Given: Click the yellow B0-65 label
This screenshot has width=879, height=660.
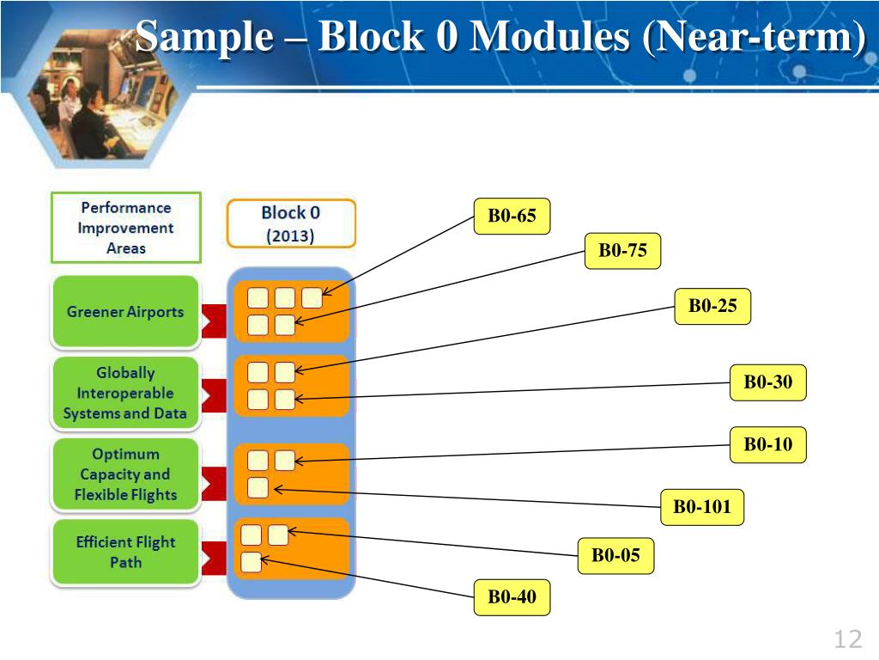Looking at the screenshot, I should tap(512, 216).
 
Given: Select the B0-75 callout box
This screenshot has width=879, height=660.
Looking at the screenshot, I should tap(622, 251).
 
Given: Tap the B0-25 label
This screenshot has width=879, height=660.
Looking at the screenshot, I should tap(712, 306).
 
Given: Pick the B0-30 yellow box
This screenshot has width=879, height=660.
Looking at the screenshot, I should tap(768, 382).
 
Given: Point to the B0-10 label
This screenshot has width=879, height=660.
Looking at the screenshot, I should tap(768, 444).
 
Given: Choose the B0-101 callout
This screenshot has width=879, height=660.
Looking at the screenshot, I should tap(701, 507).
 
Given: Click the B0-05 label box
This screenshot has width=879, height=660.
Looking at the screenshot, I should tap(615, 555).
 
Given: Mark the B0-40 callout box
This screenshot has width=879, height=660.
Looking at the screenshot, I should tap(512, 597).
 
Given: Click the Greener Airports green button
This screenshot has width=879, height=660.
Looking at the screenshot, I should tap(125, 312).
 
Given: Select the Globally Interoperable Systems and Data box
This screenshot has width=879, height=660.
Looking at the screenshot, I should tap(125, 394).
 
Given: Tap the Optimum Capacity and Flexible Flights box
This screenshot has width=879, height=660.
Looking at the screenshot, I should tap(125, 474).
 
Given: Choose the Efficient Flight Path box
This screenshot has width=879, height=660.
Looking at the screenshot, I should tap(125, 553).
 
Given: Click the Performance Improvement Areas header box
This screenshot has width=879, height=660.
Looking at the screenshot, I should tap(125, 228).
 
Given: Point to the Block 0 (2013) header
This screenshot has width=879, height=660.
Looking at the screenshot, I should tap(290, 223).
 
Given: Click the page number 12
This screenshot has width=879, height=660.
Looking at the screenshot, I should tap(846, 639).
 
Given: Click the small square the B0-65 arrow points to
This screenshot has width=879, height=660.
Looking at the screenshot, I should tap(312, 298).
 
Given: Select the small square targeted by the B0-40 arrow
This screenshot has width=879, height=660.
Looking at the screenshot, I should tap(251, 563).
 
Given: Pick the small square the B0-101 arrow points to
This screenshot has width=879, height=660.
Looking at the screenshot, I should tap(258, 488).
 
